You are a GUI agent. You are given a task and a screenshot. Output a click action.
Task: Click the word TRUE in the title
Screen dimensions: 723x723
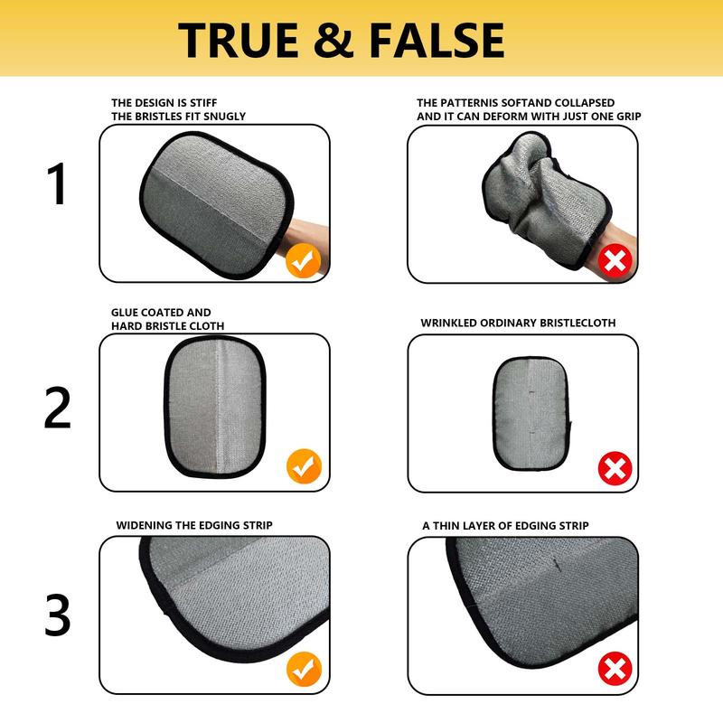[238, 40]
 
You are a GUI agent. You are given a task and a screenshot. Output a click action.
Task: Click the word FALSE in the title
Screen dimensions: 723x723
[437, 40]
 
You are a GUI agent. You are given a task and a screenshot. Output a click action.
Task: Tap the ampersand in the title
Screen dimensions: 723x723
[333, 40]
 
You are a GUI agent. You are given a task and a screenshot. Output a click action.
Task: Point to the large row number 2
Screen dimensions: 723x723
[58, 408]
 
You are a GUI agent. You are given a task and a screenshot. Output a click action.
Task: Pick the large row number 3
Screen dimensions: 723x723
[58, 615]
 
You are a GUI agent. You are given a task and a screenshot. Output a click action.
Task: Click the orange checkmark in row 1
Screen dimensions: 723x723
[303, 260]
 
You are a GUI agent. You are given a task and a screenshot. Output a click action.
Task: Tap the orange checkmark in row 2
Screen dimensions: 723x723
[304, 466]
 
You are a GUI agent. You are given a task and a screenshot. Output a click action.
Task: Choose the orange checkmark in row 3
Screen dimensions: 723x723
[304, 669]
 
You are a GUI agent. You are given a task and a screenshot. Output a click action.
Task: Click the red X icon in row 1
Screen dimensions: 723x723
[615, 261]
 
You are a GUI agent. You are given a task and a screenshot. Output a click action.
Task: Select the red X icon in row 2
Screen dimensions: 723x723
[615, 468]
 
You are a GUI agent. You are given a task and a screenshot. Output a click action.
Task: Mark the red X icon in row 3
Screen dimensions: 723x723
[615, 669]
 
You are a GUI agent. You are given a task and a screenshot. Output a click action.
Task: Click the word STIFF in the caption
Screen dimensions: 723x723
[202, 103]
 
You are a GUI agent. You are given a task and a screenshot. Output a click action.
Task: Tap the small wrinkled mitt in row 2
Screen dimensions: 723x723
[531, 414]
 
